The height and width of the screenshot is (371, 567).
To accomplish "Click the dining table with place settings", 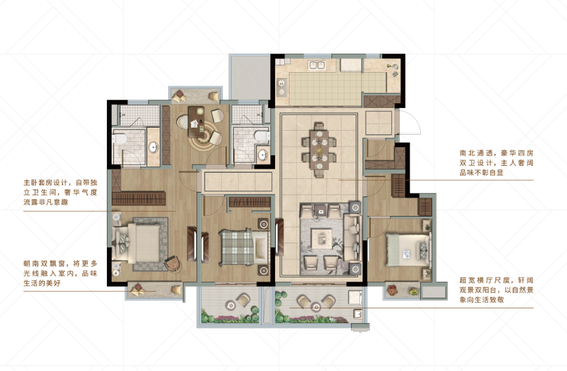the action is coord(320,150).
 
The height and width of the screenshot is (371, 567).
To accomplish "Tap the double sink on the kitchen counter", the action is coord(317,66).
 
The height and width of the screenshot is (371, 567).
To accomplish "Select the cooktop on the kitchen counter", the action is coord(282,87).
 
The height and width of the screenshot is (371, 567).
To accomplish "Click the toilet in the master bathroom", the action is coord(119,139).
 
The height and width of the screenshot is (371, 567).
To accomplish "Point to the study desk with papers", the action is coord(196,121).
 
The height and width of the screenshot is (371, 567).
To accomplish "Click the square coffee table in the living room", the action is coord(322,238).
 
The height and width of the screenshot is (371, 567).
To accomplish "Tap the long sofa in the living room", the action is coord(353,237).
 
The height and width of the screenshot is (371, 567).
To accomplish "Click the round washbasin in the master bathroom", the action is coord(153,147).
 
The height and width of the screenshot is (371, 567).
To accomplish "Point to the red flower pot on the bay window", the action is coord(392,290).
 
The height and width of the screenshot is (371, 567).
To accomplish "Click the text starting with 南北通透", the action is coord(497,163).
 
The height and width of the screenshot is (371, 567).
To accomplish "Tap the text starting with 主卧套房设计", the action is coord(60,192).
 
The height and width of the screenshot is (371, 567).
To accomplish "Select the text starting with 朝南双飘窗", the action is coord(60,273).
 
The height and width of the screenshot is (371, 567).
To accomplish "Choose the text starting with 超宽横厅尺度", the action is coord(497,290).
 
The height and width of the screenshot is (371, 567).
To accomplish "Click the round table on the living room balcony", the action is coord(316,307).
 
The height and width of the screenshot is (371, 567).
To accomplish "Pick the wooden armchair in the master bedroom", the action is coord(173,264).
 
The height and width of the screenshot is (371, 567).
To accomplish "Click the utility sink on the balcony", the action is coord(358,314).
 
